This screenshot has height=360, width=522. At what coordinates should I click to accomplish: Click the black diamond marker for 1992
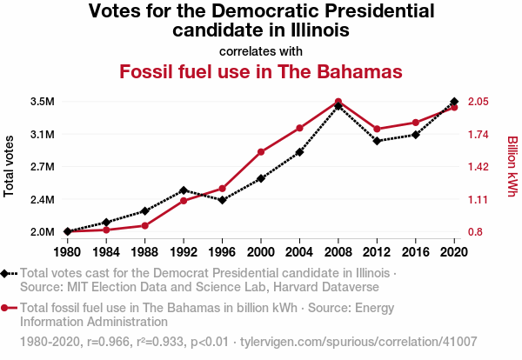[x=184, y=190]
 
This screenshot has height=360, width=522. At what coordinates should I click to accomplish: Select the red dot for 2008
[x=338, y=102]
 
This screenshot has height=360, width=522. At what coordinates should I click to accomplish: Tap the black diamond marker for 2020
[x=454, y=102]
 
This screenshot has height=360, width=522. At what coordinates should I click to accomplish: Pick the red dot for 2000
[x=261, y=152]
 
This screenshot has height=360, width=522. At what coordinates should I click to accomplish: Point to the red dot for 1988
[x=145, y=225]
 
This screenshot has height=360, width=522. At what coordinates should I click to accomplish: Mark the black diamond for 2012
[x=377, y=141]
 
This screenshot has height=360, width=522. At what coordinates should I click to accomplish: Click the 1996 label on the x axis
[x=222, y=252]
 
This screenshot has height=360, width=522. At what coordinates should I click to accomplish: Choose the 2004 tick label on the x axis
[x=299, y=252]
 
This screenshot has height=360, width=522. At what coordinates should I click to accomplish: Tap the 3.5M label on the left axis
[x=42, y=102]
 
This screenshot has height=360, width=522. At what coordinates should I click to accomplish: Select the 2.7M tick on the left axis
[x=42, y=167]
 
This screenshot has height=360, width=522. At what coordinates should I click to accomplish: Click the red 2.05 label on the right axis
[x=483, y=102]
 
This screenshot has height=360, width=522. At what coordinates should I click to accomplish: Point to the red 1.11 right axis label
[x=481, y=200]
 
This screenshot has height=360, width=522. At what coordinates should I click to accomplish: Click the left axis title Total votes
[x=10, y=167]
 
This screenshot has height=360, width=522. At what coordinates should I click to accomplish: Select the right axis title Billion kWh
[x=512, y=165]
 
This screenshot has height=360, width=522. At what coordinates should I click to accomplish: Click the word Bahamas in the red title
[x=358, y=70]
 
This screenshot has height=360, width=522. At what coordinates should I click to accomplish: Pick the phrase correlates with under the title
[x=261, y=50]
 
